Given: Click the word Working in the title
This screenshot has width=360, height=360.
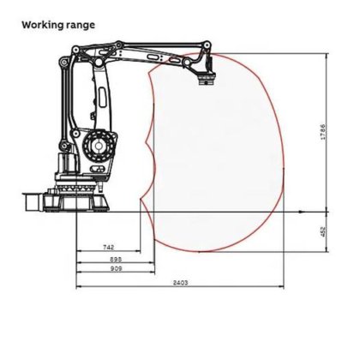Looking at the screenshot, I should (x=46, y=24).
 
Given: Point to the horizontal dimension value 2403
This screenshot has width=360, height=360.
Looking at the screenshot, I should (x=180, y=281).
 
